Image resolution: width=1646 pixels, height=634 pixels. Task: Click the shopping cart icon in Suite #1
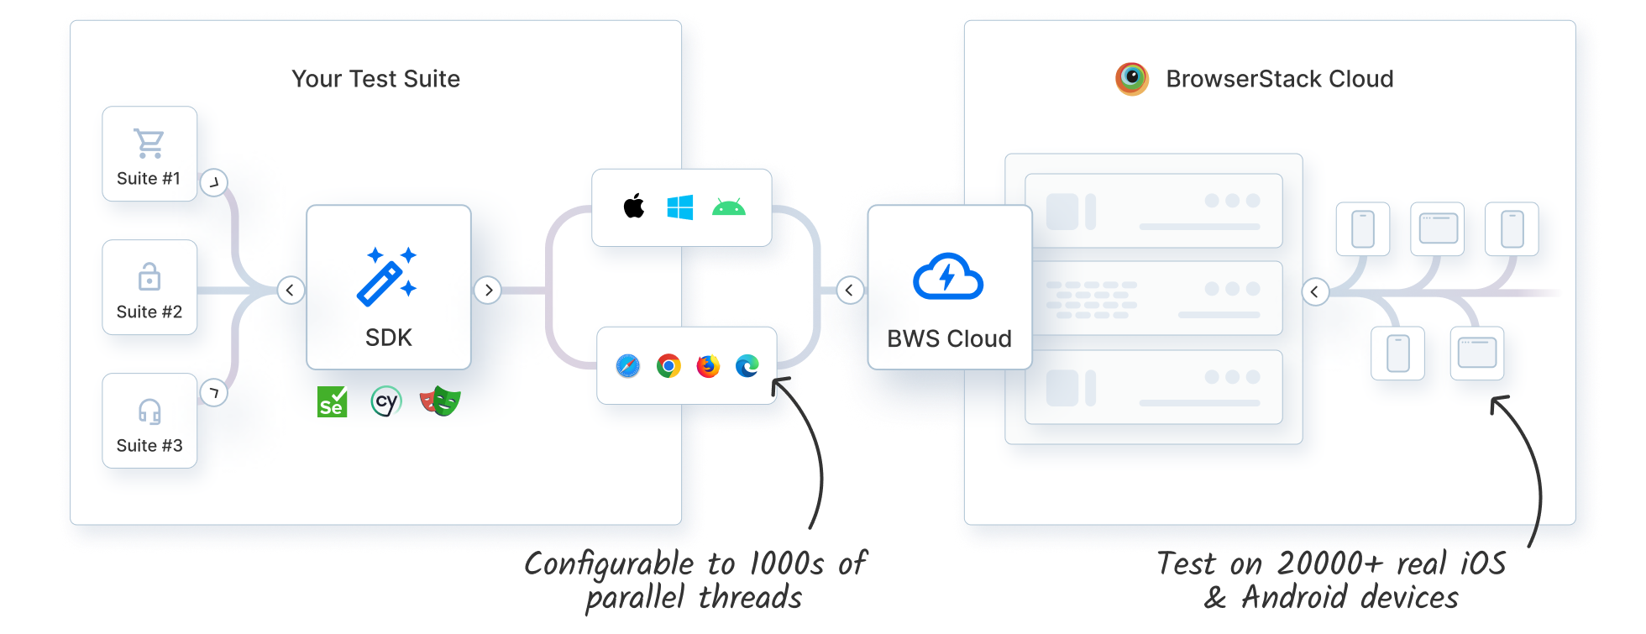pos(149,144)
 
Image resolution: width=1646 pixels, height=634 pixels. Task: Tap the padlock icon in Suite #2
pos(149,276)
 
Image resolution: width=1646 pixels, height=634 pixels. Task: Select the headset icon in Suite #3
pos(149,411)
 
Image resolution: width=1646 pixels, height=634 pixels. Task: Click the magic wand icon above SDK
pos(387,276)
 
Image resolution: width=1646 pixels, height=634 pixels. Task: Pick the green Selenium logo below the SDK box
pos(332,402)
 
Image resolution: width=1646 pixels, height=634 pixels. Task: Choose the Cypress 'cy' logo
pos(386,401)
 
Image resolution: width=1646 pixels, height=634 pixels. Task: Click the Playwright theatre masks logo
pos(440,401)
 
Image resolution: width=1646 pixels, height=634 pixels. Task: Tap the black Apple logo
pos(634,206)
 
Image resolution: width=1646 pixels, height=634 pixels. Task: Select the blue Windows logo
pos(680,207)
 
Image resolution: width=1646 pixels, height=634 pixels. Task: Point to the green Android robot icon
pos(728,207)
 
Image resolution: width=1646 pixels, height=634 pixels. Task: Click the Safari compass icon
pos(627,366)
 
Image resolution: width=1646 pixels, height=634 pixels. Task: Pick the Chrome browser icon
pos(668,366)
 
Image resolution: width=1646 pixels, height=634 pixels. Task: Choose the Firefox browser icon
pos(708,366)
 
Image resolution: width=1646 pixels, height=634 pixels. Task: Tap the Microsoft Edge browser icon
pos(747,366)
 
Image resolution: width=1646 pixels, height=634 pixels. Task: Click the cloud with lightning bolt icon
pos(948,276)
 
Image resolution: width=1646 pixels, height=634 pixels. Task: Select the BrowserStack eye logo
pos(1132,79)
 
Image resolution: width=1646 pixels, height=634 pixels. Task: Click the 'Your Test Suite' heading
pos(375,79)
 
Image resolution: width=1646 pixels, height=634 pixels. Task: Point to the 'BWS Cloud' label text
pos(949,338)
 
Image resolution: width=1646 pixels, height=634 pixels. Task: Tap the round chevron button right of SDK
pos(488,291)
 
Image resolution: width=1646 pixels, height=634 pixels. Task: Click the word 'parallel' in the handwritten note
pos(635,598)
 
